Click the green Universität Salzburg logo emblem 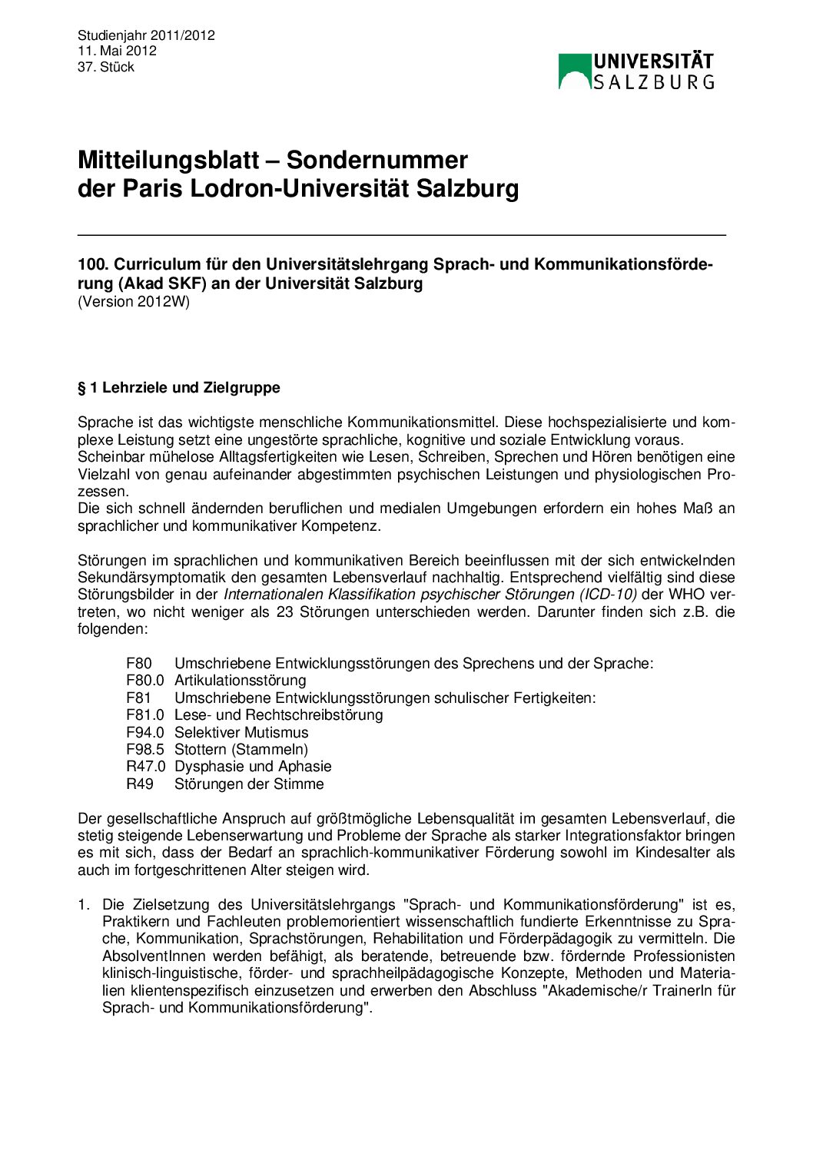[574, 71]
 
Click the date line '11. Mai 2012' [117, 51]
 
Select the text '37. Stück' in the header [106, 67]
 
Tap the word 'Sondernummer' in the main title [377, 160]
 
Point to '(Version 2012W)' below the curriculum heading [134, 301]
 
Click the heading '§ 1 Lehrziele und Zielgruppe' [179, 387]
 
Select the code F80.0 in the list [145, 681]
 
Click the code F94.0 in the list [145, 733]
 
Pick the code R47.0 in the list [145, 767]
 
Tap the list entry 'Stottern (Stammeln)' [241, 750]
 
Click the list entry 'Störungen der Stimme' [249, 784]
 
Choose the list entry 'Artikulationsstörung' [240, 681]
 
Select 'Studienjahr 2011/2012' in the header [146, 35]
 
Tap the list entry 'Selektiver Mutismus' [241, 733]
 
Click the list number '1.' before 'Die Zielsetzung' [84, 905]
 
